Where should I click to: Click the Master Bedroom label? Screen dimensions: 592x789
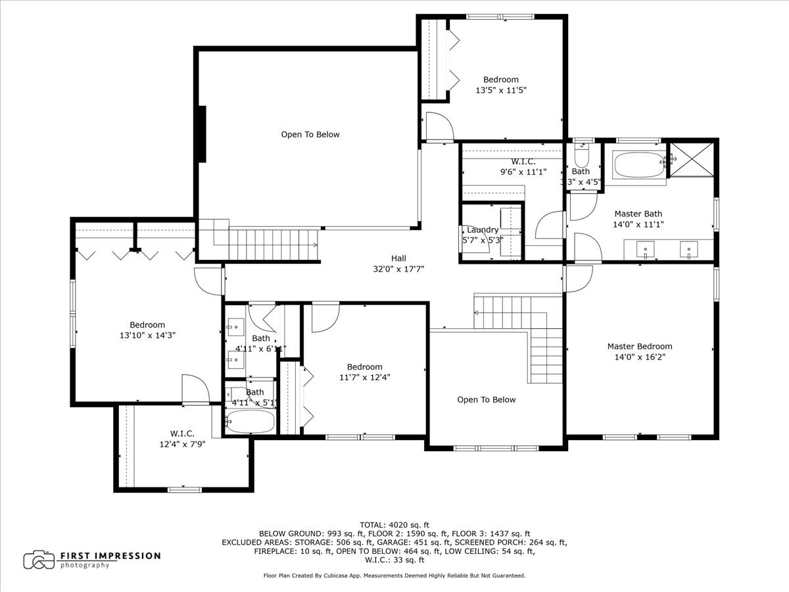[640, 347]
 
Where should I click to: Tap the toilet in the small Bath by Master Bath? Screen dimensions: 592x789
[582, 156]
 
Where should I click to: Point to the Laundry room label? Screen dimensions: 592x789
[483, 230]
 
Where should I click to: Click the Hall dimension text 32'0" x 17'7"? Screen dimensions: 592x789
[399, 268]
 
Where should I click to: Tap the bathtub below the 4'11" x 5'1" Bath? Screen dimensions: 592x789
[250, 421]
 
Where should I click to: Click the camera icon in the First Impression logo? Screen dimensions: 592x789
[39, 560]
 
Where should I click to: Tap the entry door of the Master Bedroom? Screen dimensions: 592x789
[578, 278]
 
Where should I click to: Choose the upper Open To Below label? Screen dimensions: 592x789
[310, 134]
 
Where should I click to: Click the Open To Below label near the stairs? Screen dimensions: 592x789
[487, 399]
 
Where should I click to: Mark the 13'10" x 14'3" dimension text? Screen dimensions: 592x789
[147, 335]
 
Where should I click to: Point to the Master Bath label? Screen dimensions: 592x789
[638, 214]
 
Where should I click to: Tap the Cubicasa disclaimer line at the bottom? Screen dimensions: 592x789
[394, 576]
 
